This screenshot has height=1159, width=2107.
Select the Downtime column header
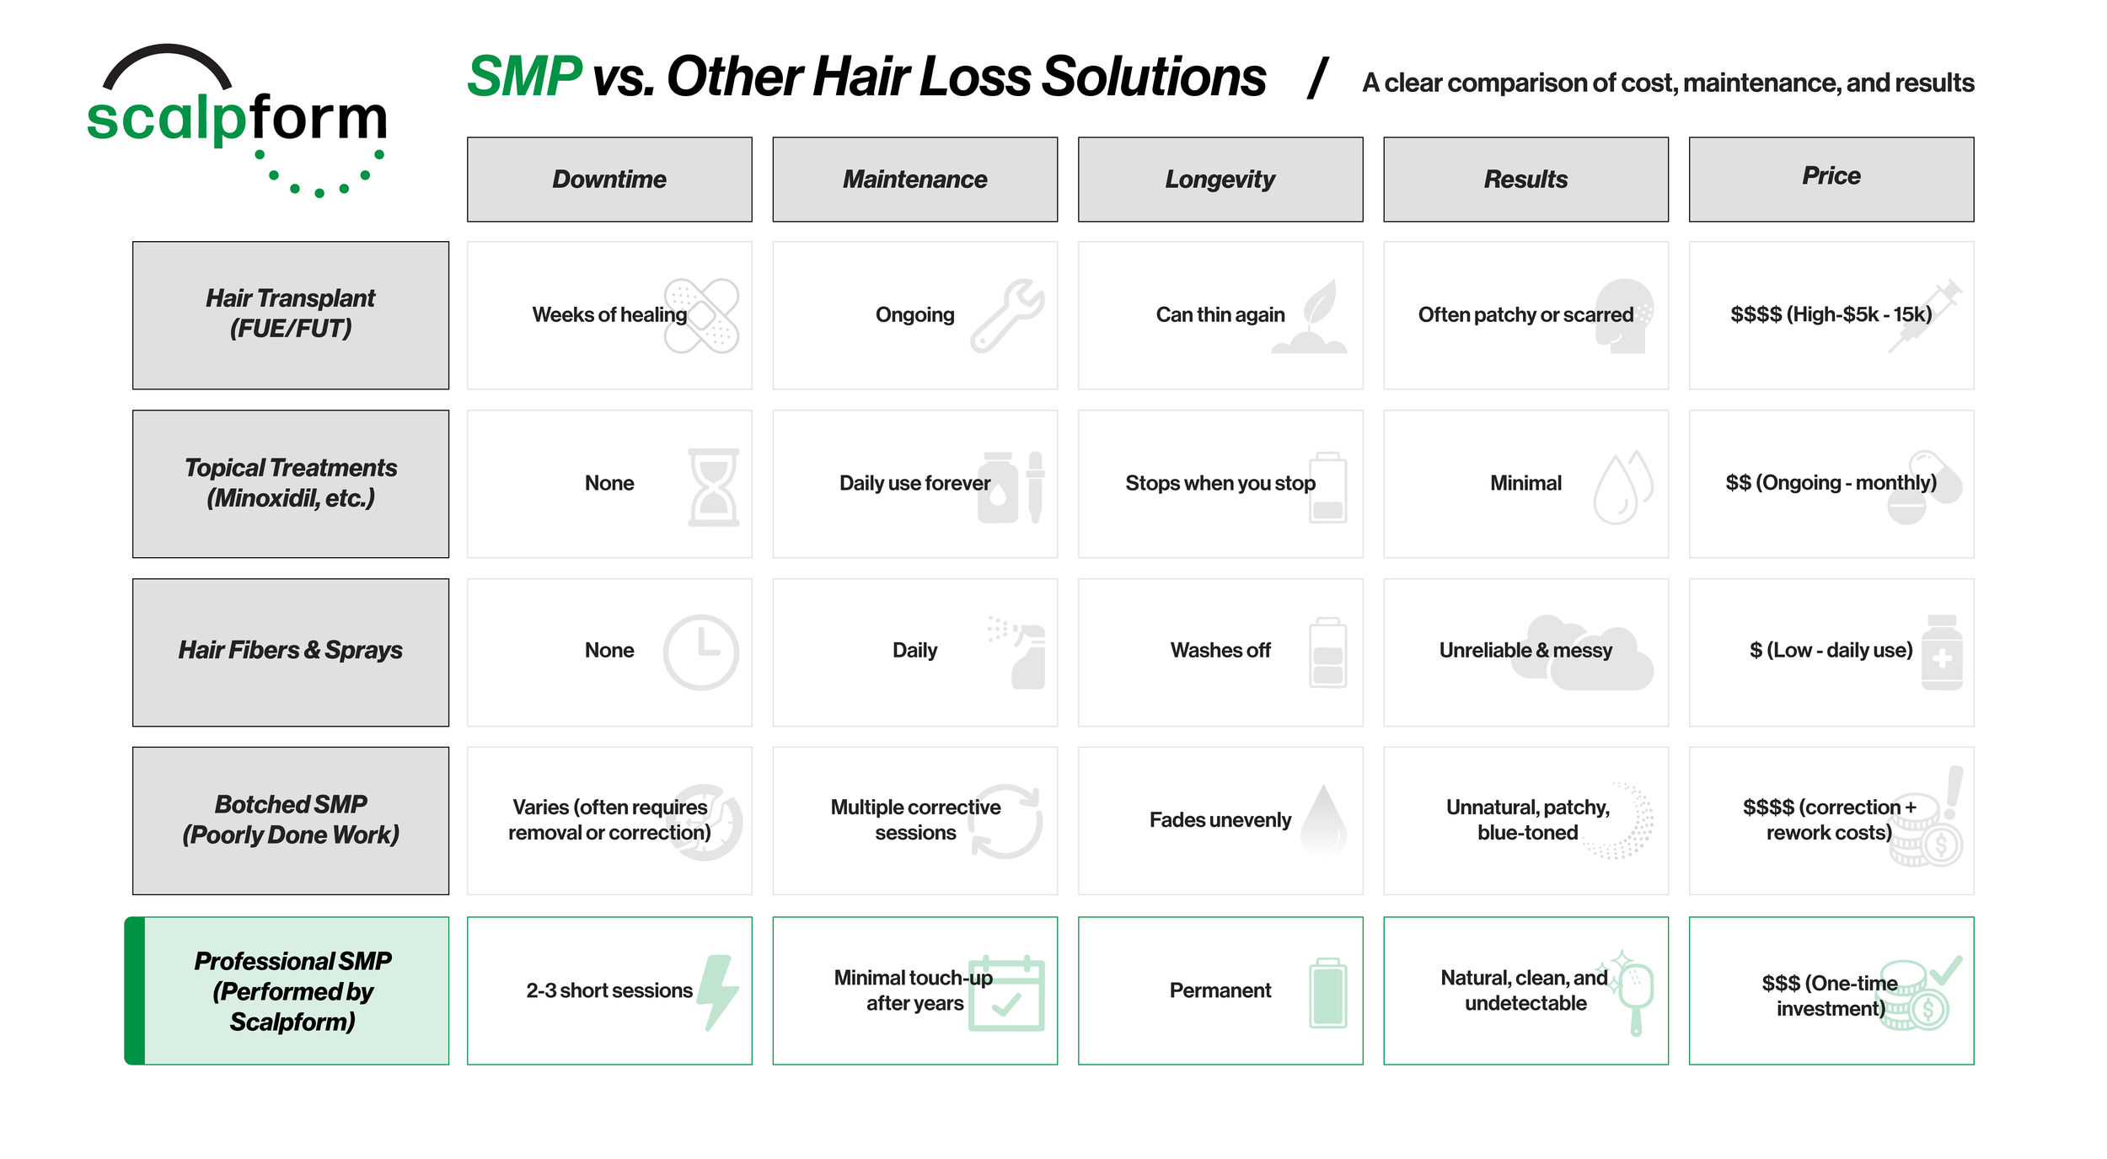(609, 180)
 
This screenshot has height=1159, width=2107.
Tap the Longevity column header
(1220, 180)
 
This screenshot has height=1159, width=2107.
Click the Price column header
(1831, 180)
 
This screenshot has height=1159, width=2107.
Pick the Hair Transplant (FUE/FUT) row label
(291, 314)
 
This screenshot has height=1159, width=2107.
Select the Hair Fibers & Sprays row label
(291, 652)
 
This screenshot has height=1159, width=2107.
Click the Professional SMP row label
(291, 990)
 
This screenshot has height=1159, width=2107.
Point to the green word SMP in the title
(523, 77)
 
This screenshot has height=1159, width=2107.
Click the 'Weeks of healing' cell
(609, 315)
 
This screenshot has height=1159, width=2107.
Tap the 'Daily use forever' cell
(914, 484)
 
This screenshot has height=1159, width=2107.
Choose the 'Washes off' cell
(1220, 651)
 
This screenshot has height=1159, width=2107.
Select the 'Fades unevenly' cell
(1220, 820)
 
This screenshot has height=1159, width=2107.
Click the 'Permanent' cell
(1220, 990)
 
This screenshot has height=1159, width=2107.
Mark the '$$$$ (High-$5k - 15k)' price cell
(1831, 315)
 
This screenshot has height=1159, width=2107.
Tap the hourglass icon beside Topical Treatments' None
(713, 487)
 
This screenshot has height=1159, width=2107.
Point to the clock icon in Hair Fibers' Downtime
(700, 652)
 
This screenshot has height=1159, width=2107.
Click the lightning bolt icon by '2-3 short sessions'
(719, 991)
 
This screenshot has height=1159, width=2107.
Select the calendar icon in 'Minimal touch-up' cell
(1006, 994)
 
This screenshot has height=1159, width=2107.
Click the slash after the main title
(1317, 78)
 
